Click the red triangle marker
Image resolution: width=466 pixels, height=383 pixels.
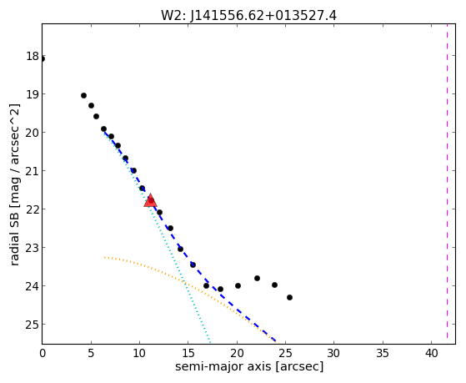(x=150, y=200)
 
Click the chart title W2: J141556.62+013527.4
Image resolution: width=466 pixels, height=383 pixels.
(x=248, y=16)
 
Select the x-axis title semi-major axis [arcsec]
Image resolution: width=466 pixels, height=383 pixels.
(x=249, y=366)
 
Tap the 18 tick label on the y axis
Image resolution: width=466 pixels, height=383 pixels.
(x=33, y=56)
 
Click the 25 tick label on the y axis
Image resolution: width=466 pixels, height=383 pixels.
(x=33, y=325)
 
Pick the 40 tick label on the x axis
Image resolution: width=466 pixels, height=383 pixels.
(x=431, y=354)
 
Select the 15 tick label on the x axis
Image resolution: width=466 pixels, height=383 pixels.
(x=188, y=354)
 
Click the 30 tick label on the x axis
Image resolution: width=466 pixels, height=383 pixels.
(x=334, y=354)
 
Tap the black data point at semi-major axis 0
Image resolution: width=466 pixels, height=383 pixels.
(x=43, y=59)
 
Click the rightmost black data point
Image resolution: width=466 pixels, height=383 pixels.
(x=290, y=297)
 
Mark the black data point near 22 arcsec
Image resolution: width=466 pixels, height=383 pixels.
(x=257, y=278)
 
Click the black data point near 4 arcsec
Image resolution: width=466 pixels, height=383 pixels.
(x=84, y=95)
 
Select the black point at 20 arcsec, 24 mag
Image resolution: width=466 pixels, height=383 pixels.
(x=238, y=285)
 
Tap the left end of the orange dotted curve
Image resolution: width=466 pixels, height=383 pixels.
(x=104, y=257)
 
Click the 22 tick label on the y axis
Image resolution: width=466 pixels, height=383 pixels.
(x=33, y=209)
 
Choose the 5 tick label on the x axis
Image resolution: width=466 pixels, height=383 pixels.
(x=91, y=354)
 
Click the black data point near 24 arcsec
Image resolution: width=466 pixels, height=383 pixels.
(x=274, y=285)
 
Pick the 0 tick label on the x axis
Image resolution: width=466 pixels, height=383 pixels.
(x=43, y=354)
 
